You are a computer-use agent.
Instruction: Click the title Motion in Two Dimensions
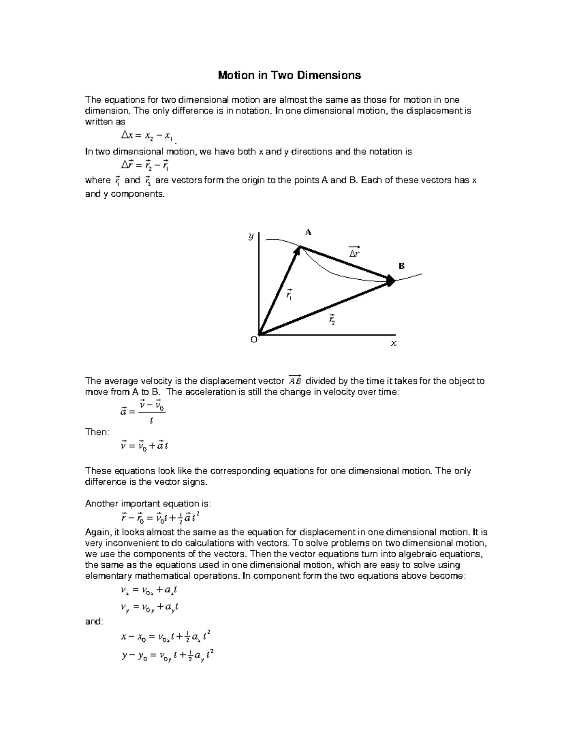pyautogui.click(x=289, y=75)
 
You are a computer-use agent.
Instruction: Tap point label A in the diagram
pyautogui.click(x=308, y=232)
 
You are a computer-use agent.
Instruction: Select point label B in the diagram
pyautogui.click(x=401, y=266)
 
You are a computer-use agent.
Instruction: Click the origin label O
pyautogui.click(x=254, y=340)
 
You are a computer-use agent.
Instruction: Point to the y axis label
pyautogui.click(x=251, y=236)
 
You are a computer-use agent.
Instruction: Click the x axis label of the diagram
pyautogui.click(x=394, y=343)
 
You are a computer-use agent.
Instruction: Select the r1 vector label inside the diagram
pyautogui.click(x=289, y=295)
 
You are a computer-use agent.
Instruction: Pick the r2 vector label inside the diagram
pyautogui.click(x=332, y=319)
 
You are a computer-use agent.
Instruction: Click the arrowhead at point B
pyautogui.click(x=391, y=280)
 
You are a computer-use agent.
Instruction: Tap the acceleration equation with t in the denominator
pyautogui.click(x=143, y=411)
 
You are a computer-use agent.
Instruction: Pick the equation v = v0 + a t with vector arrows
pyautogui.click(x=144, y=446)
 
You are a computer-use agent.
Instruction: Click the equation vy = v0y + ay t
pyautogui.click(x=150, y=608)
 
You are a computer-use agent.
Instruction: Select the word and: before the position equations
pyautogui.click(x=94, y=622)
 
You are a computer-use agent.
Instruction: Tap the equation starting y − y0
pyautogui.click(x=167, y=656)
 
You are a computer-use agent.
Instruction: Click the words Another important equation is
pyautogui.click(x=148, y=504)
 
